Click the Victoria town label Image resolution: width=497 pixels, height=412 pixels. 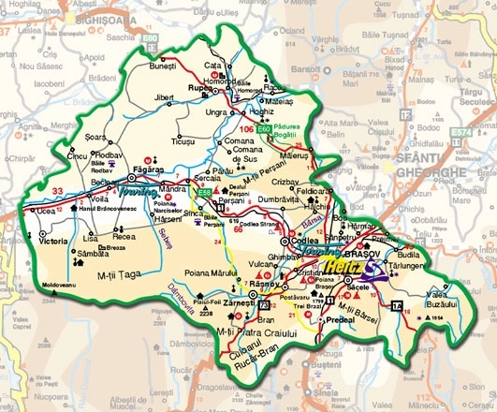[52, 241]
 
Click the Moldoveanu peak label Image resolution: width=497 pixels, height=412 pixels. [58, 283]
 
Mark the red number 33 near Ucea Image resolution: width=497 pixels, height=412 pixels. [58, 193]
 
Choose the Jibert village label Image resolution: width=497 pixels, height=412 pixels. [165, 97]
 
